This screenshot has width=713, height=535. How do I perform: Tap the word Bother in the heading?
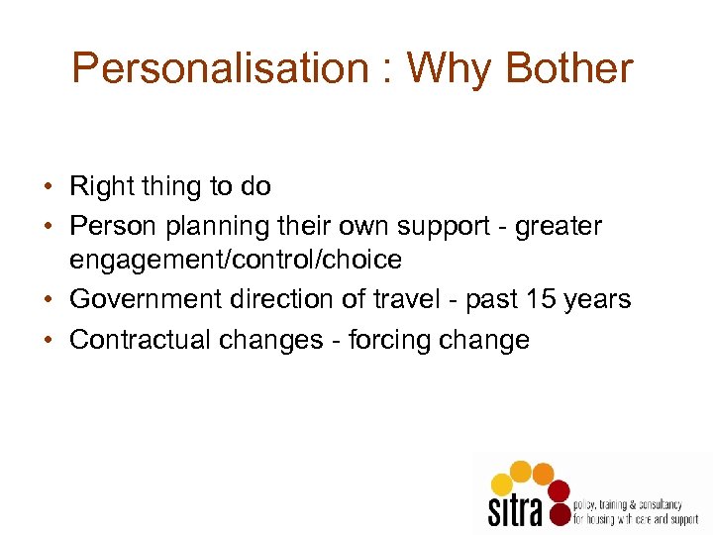tap(568, 68)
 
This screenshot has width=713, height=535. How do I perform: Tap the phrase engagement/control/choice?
tap(236, 261)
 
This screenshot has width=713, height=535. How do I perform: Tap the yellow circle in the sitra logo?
tap(502, 483)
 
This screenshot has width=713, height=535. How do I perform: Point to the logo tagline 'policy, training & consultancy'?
tap(629, 505)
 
